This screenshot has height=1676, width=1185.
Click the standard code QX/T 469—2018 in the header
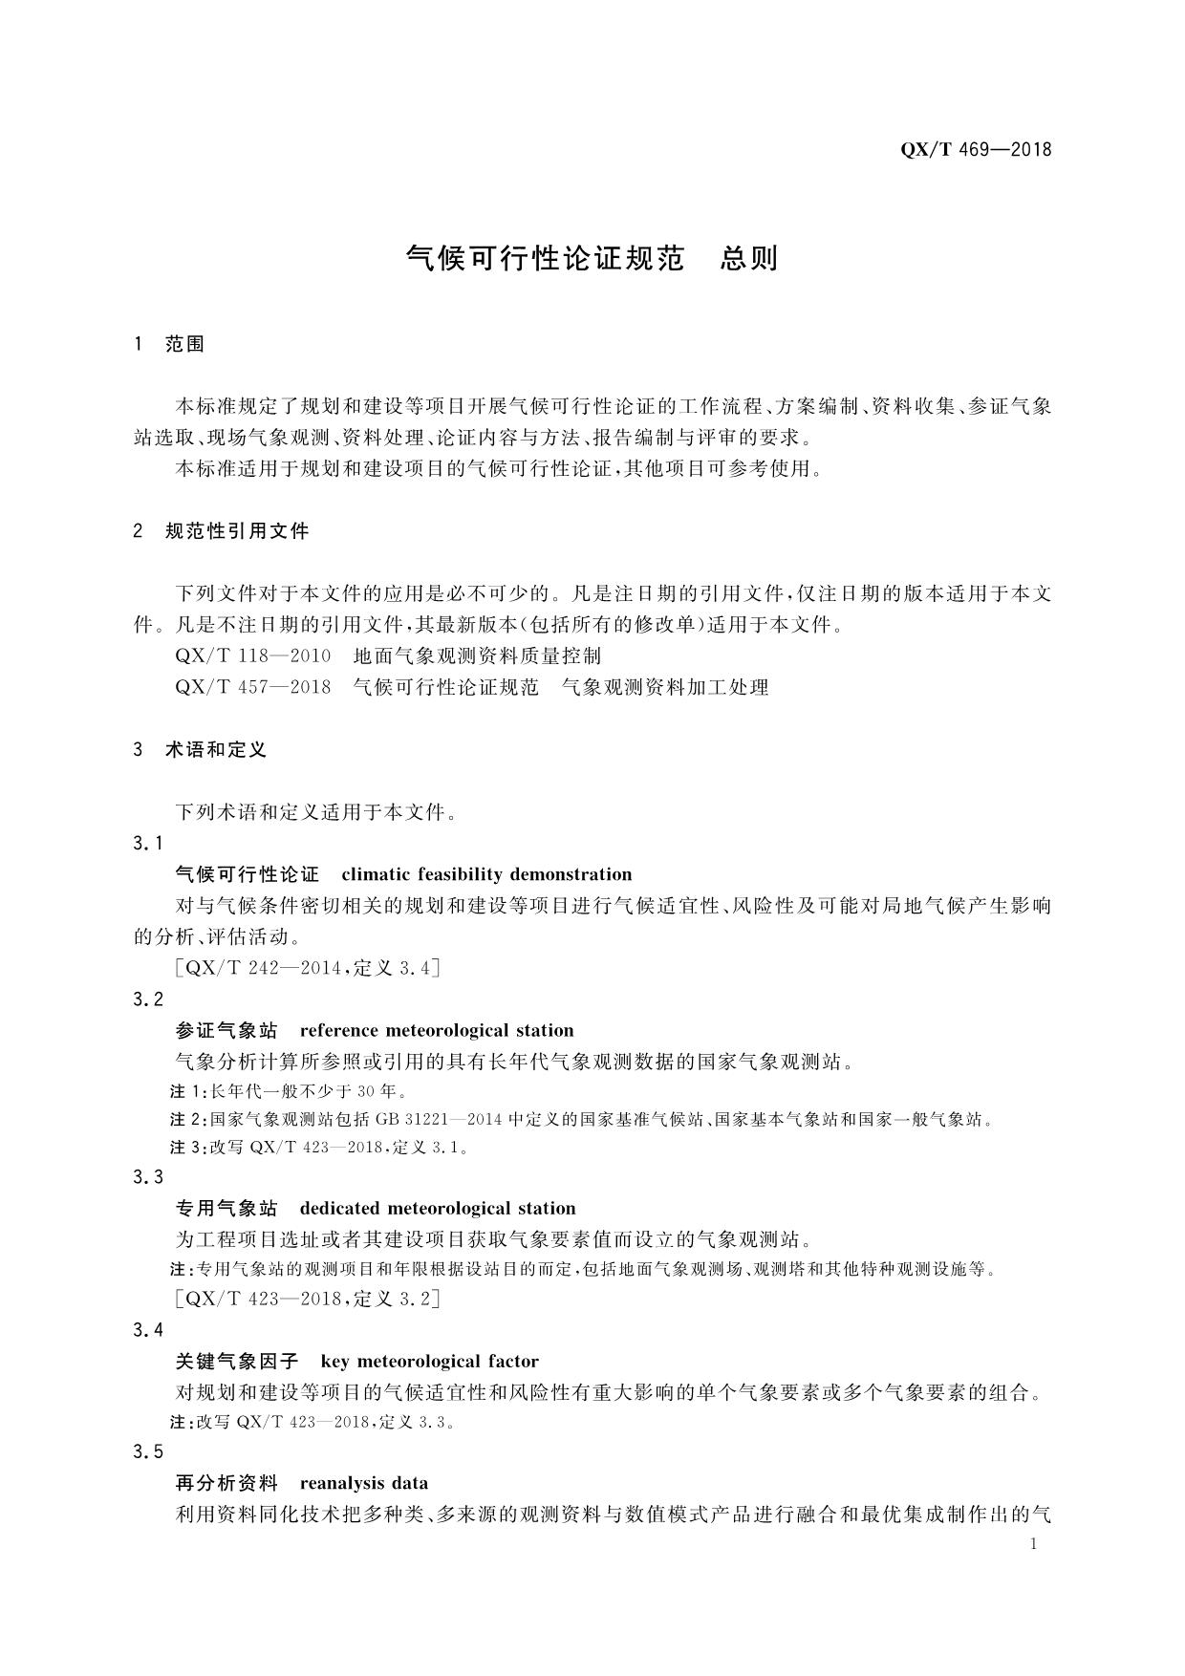975,149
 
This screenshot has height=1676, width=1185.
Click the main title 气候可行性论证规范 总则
592,258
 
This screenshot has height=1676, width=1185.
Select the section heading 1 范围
170,344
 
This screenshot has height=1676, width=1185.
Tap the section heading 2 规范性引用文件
222,531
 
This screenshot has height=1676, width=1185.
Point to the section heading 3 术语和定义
201,750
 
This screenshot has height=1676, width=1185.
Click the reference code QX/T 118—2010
253,656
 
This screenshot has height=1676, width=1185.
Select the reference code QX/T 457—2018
253,687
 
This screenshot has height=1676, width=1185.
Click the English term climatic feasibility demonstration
486,874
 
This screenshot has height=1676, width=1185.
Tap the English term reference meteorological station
437,1031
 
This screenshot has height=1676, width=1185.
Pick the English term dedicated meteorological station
438,1209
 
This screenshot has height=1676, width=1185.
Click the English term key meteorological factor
430,1362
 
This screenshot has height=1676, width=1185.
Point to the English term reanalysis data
364,1484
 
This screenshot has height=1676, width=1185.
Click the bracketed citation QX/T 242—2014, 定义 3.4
308,968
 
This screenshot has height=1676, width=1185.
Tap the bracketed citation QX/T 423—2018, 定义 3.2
308,1299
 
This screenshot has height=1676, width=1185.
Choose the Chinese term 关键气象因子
238,1362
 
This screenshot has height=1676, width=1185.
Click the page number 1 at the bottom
1034,1544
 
